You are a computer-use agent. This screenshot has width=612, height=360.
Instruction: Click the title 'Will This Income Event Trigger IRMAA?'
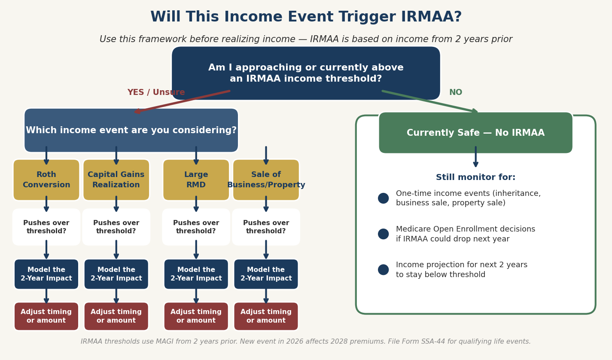coord(306,17)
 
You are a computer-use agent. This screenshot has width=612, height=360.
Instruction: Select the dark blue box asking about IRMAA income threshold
coord(306,73)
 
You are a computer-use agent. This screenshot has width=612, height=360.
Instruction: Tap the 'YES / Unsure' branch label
coord(156,92)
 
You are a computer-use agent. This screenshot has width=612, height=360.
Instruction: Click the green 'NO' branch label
coord(455,92)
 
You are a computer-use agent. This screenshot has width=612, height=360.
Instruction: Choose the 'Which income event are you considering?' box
coord(131,130)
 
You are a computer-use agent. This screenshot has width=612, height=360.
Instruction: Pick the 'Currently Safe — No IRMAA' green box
coord(475,133)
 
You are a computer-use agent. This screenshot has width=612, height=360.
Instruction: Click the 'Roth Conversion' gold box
coord(46,180)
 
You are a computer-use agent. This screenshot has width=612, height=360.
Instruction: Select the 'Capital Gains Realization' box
coord(116,180)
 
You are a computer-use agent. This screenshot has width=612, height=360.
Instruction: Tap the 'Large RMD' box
coord(196,180)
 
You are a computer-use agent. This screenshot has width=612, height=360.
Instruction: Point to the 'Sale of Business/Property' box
coord(266,180)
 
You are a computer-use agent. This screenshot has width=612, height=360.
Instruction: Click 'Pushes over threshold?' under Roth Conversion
coord(46,227)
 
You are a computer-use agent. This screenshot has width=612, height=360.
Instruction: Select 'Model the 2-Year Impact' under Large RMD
coord(196,274)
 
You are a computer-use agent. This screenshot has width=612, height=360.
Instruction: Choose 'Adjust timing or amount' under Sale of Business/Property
coord(266,316)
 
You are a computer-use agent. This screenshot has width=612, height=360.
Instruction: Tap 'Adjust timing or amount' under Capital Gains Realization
coord(116,316)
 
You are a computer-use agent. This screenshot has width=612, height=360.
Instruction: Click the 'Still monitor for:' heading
coord(475,177)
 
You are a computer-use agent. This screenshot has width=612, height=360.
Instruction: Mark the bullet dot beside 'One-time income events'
coord(383,198)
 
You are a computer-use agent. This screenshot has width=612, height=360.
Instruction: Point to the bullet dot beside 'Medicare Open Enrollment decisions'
coord(383,234)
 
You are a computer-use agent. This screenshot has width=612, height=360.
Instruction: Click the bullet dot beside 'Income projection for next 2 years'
coord(383,270)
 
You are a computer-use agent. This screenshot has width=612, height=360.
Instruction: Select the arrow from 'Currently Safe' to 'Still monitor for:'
coord(475,157)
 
